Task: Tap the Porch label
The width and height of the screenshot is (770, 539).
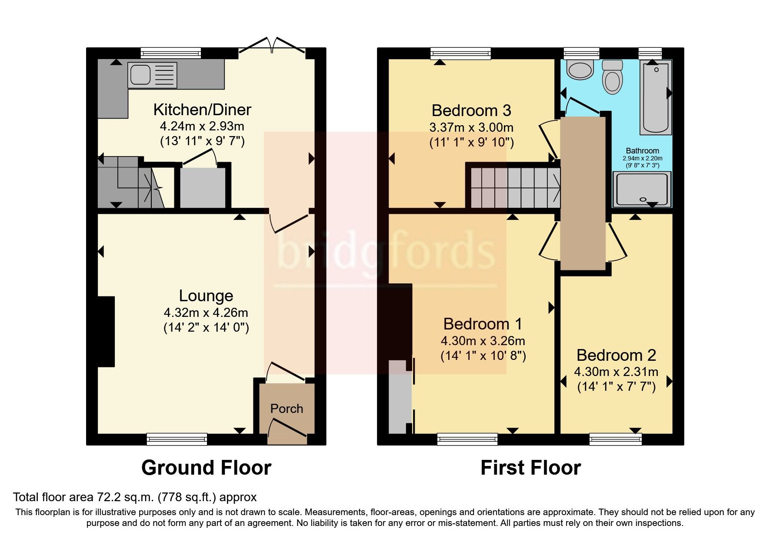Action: pyautogui.click(x=287, y=409)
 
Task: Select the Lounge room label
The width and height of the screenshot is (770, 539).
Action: pyautogui.click(x=206, y=296)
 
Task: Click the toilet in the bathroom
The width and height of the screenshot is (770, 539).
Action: pyautogui.click(x=613, y=78)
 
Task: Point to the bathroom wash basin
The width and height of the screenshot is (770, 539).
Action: pyautogui.click(x=580, y=70)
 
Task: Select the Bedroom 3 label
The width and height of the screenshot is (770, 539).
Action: pyautogui.click(x=471, y=110)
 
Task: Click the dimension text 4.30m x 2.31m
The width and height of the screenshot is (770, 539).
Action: pyautogui.click(x=616, y=372)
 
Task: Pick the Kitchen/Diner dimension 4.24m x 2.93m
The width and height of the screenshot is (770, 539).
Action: pyautogui.click(x=202, y=126)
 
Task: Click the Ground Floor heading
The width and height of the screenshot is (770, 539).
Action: pyautogui.click(x=206, y=468)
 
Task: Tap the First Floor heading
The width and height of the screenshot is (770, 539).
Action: pyautogui.click(x=530, y=468)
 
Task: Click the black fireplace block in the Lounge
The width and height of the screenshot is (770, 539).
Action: pyautogui.click(x=106, y=332)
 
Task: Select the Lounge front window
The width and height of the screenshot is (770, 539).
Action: pyautogui.click(x=177, y=439)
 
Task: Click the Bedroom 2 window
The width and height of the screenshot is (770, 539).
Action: pyautogui.click(x=615, y=439)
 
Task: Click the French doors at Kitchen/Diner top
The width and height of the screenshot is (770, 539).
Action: pyautogui.click(x=272, y=47)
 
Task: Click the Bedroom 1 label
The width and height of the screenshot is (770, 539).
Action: pyautogui.click(x=483, y=324)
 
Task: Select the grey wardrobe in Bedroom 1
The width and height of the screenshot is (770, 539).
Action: pyautogui.click(x=397, y=396)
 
